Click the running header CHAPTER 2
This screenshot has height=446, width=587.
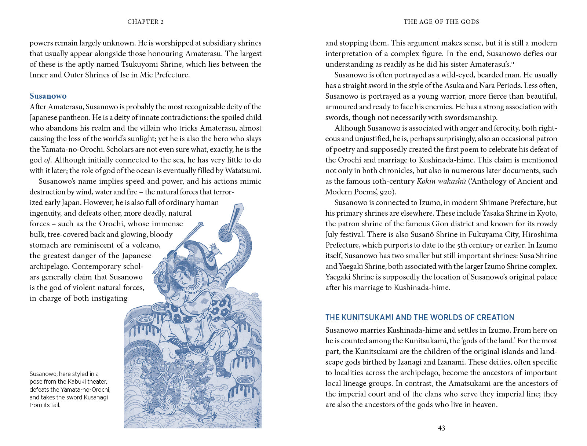145,22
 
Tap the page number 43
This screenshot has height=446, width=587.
441,428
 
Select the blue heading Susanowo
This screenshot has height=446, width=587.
48,96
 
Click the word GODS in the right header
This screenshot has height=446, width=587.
470,22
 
